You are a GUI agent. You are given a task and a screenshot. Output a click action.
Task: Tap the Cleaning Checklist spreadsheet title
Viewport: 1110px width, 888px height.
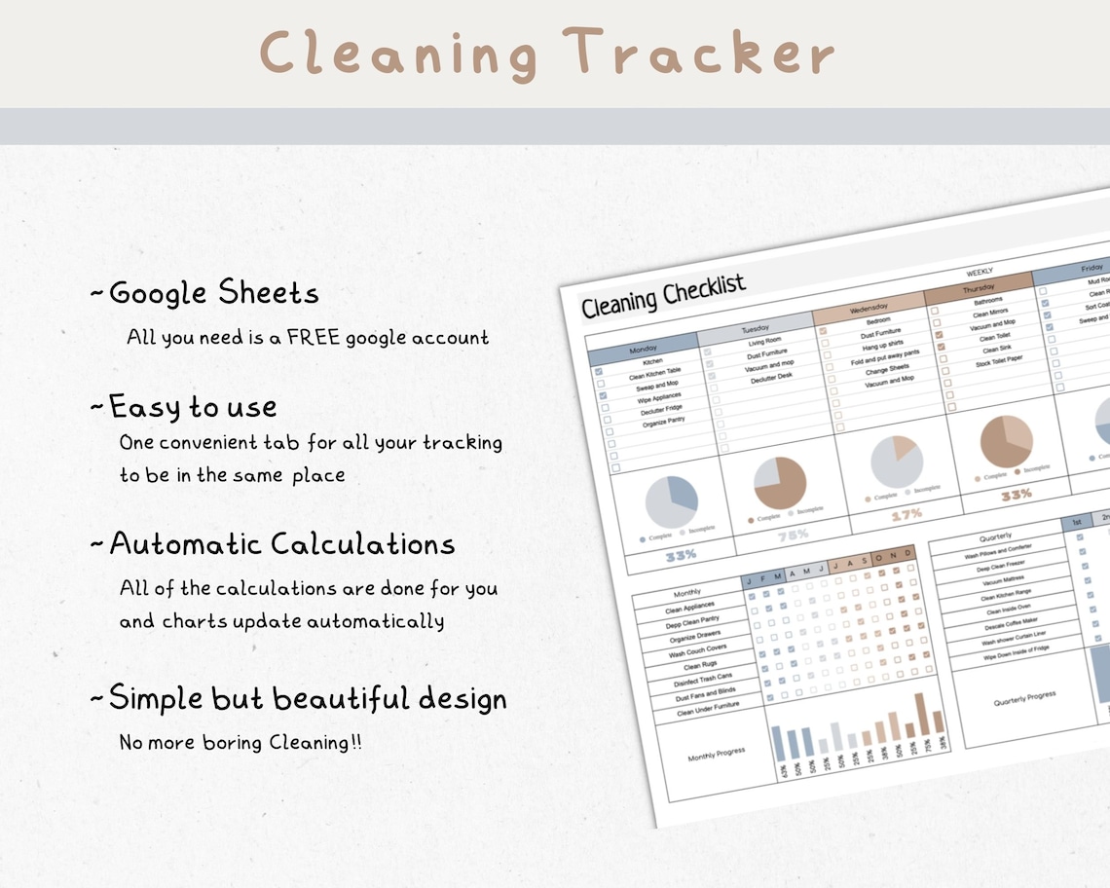pyautogui.click(x=663, y=296)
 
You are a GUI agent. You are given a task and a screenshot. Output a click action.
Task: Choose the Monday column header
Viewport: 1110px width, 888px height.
pyautogui.click(x=643, y=348)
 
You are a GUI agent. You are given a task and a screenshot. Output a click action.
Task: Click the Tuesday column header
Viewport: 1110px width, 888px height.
pyautogui.click(x=755, y=328)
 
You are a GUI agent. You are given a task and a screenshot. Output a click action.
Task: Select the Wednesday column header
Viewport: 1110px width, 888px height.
pyautogui.click(x=869, y=309)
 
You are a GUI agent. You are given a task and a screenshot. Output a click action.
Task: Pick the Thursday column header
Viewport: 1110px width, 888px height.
pyautogui.click(x=978, y=289)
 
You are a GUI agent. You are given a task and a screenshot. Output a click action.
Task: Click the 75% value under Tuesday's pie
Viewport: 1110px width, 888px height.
pyautogui.click(x=794, y=535)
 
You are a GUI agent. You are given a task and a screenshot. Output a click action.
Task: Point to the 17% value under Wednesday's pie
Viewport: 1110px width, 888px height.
pyautogui.click(x=906, y=514)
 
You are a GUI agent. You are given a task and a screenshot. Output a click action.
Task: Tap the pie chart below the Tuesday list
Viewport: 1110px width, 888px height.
pyautogui.click(x=779, y=483)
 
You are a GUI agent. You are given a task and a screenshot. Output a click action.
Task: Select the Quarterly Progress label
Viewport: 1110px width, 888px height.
pyautogui.click(x=1024, y=699)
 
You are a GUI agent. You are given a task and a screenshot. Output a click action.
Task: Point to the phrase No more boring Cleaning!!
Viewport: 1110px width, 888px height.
pyautogui.click(x=240, y=742)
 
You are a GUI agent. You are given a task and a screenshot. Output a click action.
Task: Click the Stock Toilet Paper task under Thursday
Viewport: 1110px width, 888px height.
pyautogui.click(x=998, y=360)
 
